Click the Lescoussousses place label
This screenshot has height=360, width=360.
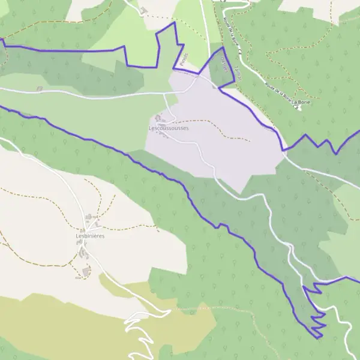coord(169,128)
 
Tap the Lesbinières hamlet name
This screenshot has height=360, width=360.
coord(90,236)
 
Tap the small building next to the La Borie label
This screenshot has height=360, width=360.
coord(298,108)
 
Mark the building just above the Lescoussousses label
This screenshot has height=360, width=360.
coord(159,118)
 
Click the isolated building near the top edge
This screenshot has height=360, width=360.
coord(143,10)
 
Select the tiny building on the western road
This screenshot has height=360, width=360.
coord(39,89)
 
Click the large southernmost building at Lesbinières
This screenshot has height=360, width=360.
coord(86,273)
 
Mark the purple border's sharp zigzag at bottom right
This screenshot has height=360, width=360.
coord(318,324)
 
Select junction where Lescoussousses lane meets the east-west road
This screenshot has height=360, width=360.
coord(164,93)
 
